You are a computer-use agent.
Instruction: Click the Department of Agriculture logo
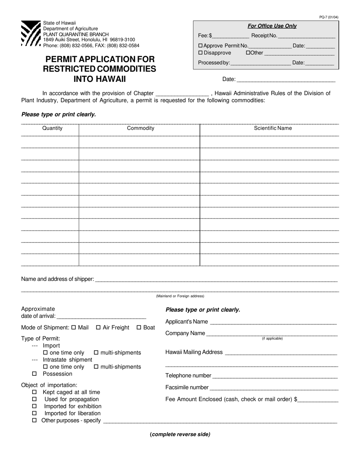pyautogui.click(x=31, y=33)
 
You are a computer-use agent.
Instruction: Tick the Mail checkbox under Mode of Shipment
pyautogui.click(x=74, y=327)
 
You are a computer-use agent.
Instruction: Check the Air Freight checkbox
pyautogui.click(x=99, y=327)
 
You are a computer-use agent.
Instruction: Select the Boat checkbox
pyautogui.click(x=139, y=327)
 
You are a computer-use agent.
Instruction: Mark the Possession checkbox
pyautogui.click(x=34, y=374)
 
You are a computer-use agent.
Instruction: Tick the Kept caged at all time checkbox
pyautogui.click(x=34, y=392)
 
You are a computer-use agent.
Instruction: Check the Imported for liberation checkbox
pyautogui.click(x=34, y=413)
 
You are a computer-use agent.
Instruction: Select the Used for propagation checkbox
pyautogui.click(x=34, y=399)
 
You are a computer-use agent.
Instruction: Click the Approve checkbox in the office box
pyautogui.click(x=201, y=46)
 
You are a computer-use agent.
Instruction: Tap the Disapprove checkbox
pyautogui.click(x=201, y=53)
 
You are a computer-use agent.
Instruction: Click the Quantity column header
pyautogui.click(x=52, y=128)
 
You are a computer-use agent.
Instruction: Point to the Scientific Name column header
pyautogui.click(x=273, y=128)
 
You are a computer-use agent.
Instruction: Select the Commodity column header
pyautogui.click(x=141, y=128)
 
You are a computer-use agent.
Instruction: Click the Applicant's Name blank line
pyautogui.click(x=273, y=322)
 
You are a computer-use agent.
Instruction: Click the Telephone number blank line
pyautogui.click(x=274, y=376)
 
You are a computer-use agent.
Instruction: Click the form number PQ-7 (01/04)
pyautogui.click(x=329, y=17)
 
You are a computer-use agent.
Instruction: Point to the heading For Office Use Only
pyautogui.click(x=272, y=26)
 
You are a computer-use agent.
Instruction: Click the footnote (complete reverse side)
pyautogui.click(x=180, y=435)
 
